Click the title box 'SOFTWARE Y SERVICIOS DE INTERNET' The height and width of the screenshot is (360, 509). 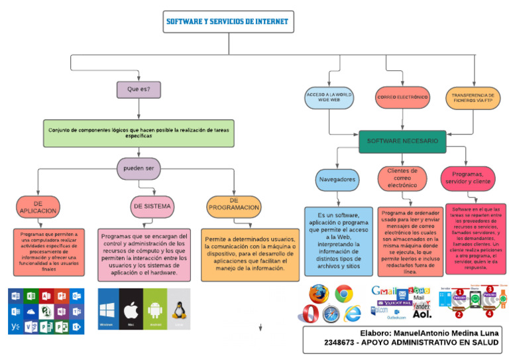[x=227, y=22]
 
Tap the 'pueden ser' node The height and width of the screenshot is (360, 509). [x=139, y=168]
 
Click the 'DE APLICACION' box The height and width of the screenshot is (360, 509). [x=38, y=207]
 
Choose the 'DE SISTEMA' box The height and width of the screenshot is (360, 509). [x=152, y=206]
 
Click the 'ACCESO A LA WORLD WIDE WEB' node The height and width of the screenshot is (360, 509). [x=329, y=98]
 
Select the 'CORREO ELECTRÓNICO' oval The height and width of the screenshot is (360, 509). [x=402, y=98]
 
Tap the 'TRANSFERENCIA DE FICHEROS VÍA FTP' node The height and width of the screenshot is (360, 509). [x=473, y=98]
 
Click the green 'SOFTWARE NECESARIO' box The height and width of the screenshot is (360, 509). [x=402, y=141]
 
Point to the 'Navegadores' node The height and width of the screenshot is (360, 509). [x=337, y=180]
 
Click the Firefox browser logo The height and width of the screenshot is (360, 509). [x=319, y=293]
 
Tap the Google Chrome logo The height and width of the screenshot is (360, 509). [x=343, y=293]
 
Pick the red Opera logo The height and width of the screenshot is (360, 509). [x=308, y=314]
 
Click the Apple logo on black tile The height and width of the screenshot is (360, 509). [x=131, y=309]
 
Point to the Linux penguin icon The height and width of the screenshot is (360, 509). [x=178, y=309]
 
